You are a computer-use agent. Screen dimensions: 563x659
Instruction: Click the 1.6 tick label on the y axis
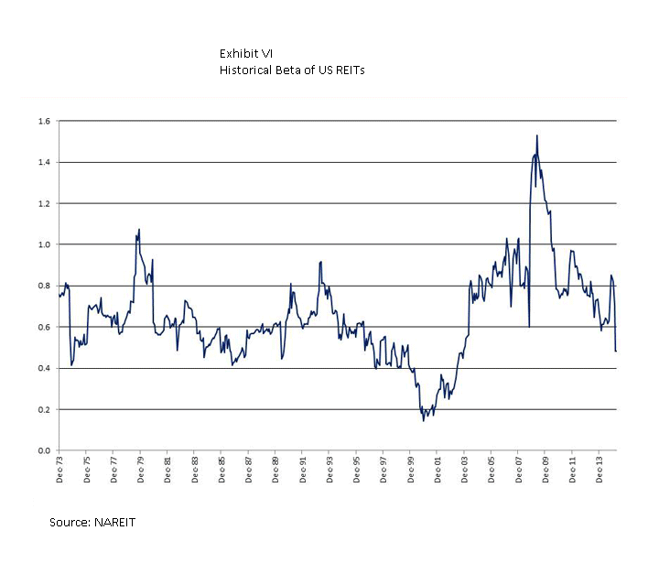43,121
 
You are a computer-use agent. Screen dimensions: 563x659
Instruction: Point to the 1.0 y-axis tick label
43,244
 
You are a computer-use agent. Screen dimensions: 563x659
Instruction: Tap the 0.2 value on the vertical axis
43,409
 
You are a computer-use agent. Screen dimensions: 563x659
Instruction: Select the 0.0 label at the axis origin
43,450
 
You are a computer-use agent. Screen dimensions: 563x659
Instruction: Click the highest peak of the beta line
536,135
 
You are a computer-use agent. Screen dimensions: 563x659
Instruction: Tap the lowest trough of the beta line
423,420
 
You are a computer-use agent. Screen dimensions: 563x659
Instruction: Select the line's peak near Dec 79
139,229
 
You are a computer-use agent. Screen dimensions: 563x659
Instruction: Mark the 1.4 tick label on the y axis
43,162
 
